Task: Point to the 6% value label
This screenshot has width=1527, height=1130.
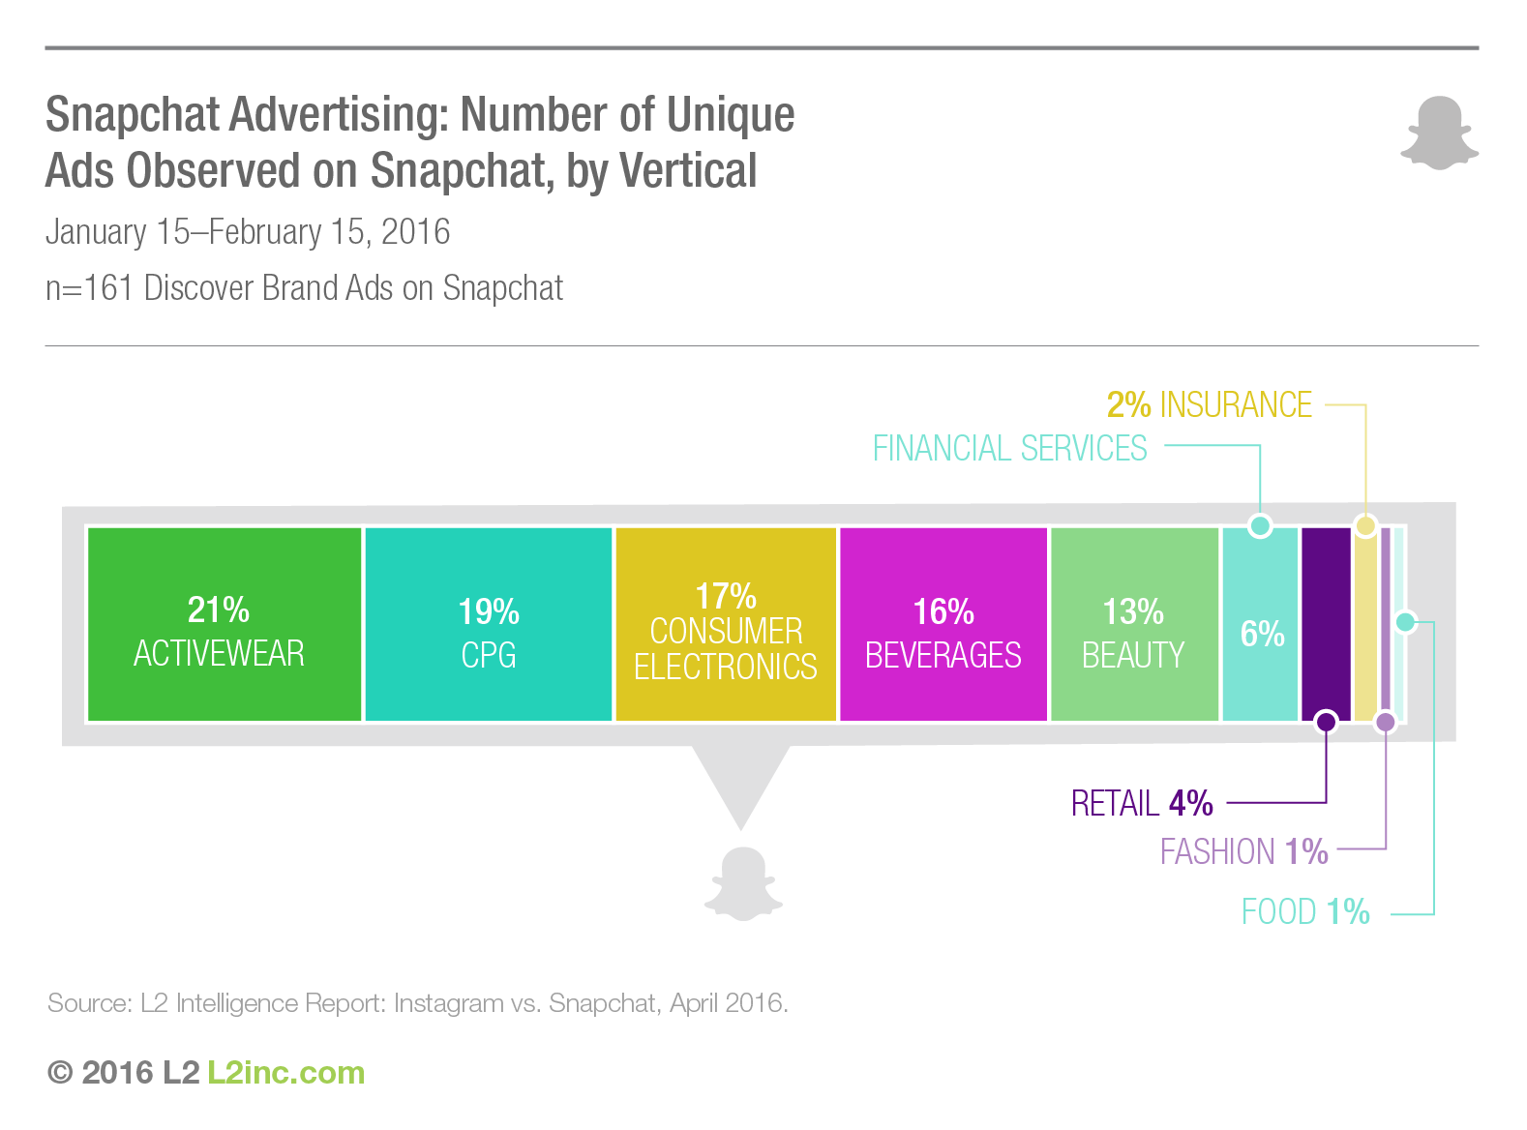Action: (1262, 634)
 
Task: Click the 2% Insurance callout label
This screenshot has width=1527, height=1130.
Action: (1210, 404)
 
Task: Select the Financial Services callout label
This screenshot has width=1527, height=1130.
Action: (1009, 449)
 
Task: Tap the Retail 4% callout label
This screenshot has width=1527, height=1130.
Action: (1142, 803)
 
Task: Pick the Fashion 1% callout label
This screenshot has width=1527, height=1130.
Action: (1243, 851)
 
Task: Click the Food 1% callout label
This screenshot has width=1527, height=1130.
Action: (1305, 911)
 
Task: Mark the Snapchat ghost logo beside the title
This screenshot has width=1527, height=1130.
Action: (1440, 133)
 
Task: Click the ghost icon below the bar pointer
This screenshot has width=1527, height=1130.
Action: (743, 883)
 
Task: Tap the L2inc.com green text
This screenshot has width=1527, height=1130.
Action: (286, 1073)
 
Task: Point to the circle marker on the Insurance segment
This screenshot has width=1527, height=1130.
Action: (1365, 525)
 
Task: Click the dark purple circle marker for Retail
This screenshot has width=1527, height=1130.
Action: (1327, 721)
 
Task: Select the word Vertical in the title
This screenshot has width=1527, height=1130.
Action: (688, 171)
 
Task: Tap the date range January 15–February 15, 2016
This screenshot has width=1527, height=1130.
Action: (248, 232)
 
